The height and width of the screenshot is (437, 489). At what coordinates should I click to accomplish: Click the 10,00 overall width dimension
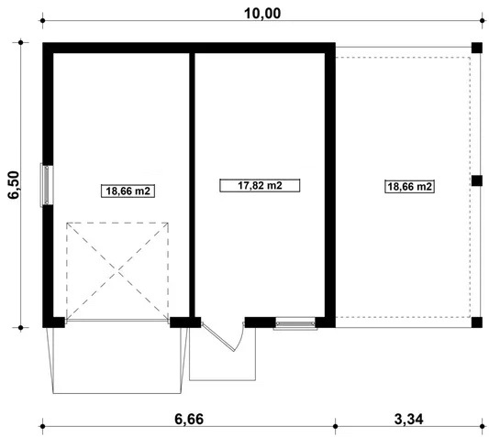point(262,14)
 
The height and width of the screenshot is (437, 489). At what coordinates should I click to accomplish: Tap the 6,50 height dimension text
point(15,185)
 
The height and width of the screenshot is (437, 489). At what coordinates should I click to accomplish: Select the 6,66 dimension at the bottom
point(189,419)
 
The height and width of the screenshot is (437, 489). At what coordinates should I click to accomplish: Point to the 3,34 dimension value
point(409,419)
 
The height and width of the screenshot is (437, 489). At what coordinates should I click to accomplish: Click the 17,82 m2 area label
point(260,185)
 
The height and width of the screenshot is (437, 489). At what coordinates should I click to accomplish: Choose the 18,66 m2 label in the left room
point(128,191)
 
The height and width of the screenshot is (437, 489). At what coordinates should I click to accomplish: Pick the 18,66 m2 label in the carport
point(409,186)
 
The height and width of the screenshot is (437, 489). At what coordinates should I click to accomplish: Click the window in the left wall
point(47,185)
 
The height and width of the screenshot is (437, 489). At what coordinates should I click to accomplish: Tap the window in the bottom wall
point(295,323)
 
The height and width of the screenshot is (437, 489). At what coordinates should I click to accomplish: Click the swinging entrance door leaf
point(218,337)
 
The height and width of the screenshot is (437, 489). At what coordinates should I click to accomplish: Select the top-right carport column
point(476,48)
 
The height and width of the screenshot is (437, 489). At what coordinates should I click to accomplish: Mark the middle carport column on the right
point(476,180)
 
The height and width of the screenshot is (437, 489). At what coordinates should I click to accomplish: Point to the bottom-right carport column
point(476,322)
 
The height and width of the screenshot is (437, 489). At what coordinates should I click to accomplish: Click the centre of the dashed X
point(117,271)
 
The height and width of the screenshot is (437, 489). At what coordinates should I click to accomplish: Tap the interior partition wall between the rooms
point(193,185)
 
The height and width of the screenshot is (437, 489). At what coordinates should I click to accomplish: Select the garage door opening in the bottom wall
point(117,320)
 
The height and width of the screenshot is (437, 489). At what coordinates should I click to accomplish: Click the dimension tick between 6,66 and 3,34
point(335,426)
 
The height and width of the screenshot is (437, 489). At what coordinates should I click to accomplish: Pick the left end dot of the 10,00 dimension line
point(43,20)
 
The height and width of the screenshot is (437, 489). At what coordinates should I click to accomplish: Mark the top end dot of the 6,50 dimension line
point(20,42)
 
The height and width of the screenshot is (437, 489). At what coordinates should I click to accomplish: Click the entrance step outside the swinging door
point(222,354)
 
